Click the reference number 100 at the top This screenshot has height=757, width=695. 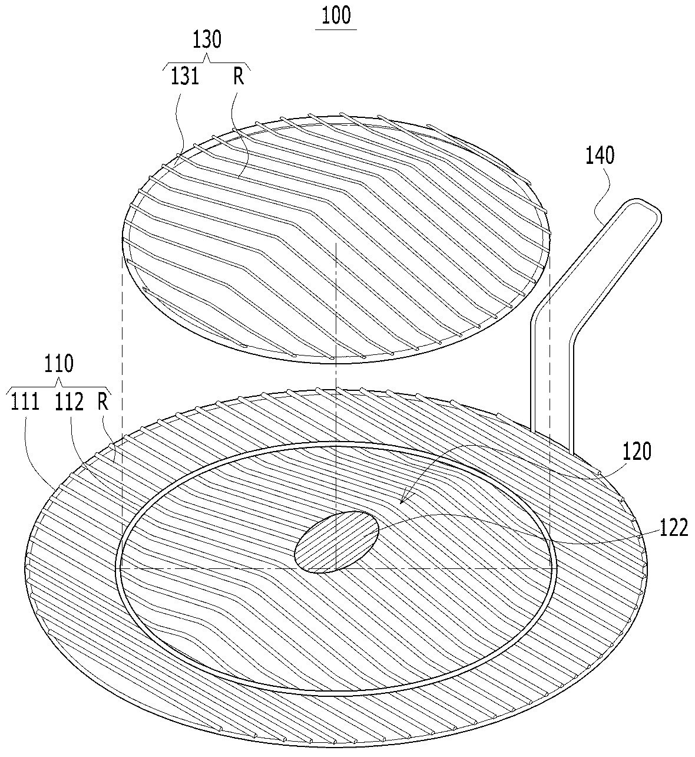pos(337,15)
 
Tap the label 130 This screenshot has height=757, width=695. pos(207,40)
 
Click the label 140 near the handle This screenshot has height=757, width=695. pos(600,155)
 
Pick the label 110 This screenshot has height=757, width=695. pos(59,364)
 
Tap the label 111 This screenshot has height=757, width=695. pos(25,402)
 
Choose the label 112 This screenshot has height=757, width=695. pos(69,402)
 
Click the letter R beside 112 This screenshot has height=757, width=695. pos(103,402)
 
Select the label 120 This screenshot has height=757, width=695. pos(637,452)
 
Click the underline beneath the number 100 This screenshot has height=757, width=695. pos(337,29)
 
